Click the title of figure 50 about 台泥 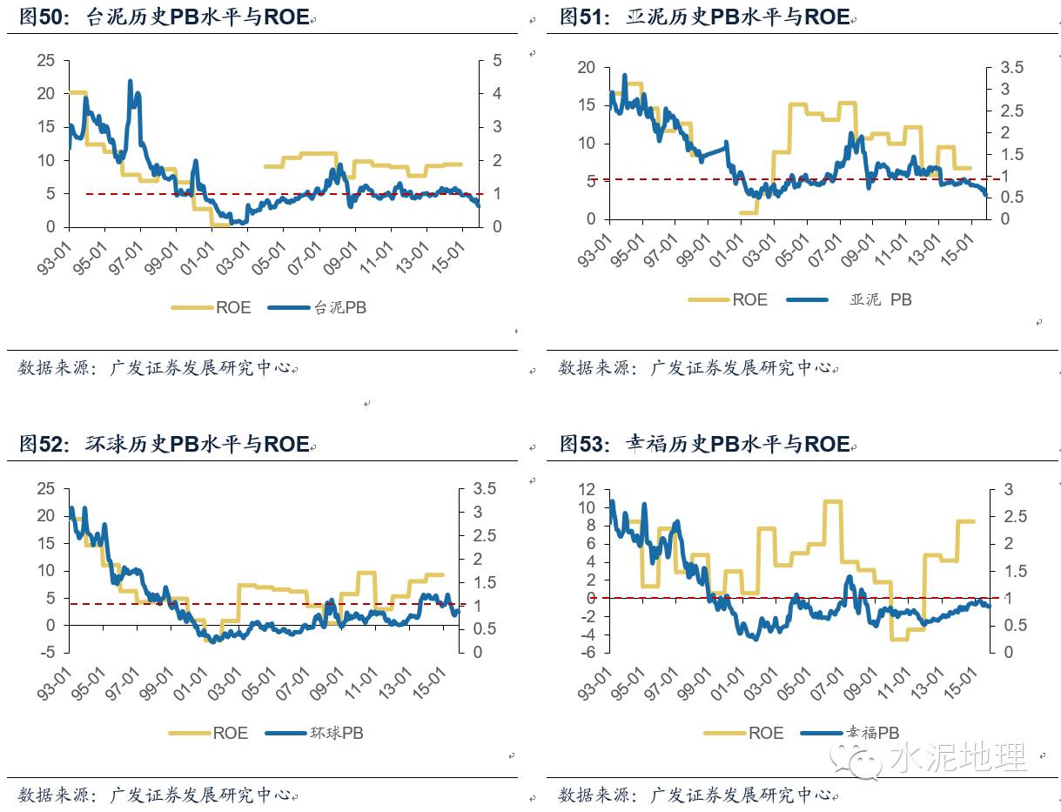point(165,18)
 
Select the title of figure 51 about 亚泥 point(705,18)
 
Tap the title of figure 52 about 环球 point(165,445)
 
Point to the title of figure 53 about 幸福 point(705,445)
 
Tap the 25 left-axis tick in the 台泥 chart point(45,60)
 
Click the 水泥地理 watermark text point(957,757)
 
